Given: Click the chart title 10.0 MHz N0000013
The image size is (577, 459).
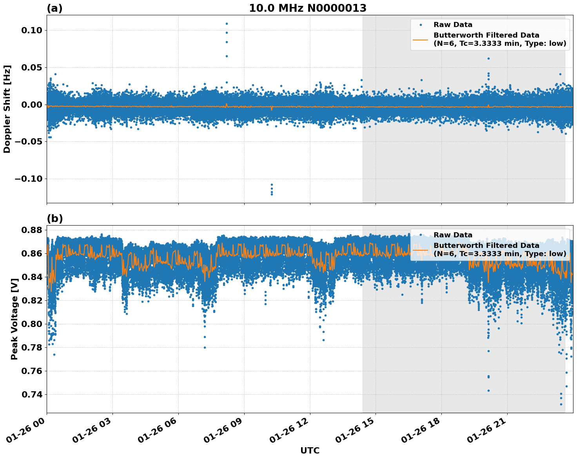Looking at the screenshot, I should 308,8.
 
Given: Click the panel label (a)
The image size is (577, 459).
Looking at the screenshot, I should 54,8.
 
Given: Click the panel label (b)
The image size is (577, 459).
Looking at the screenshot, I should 54,219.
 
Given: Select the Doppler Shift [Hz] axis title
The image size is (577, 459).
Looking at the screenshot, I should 7,109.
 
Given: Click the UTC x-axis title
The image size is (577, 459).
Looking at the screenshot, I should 310,450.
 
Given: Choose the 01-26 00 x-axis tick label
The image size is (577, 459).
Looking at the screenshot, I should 27,430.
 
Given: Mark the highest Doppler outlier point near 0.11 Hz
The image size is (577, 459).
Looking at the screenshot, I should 227,23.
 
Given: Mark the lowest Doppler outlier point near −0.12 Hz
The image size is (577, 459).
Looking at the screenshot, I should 272,194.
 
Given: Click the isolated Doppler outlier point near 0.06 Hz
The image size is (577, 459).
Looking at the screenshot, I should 488,58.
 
